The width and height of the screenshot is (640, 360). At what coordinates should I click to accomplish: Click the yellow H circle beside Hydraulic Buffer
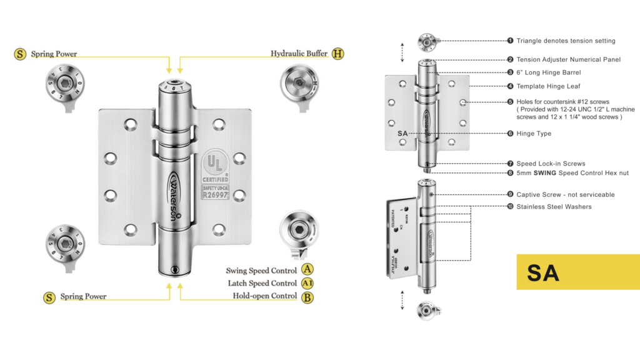(337, 54)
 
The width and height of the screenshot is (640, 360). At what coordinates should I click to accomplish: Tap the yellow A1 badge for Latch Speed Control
(307, 283)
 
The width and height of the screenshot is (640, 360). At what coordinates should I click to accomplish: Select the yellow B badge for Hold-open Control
(307, 297)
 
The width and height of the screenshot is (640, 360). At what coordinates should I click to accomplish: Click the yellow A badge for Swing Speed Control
(307, 270)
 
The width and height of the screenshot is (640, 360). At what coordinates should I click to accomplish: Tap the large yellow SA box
(577, 272)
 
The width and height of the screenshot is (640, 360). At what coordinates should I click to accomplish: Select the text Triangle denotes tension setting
(566, 41)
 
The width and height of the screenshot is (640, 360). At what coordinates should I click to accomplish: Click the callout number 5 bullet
(510, 101)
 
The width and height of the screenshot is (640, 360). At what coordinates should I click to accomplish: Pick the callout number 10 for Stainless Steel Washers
(510, 207)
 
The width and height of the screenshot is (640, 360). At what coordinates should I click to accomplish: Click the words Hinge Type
(534, 133)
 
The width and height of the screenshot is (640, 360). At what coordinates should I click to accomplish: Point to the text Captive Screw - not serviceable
(565, 194)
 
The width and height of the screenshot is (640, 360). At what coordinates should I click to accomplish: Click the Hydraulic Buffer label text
(299, 54)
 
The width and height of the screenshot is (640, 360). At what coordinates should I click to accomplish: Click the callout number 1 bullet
(510, 41)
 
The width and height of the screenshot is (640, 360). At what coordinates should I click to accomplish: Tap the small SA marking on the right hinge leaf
(402, 133)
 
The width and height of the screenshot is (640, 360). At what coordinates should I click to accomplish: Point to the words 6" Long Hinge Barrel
(548, 72)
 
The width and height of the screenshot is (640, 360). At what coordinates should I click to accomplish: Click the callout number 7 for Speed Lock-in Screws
(510, 164)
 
